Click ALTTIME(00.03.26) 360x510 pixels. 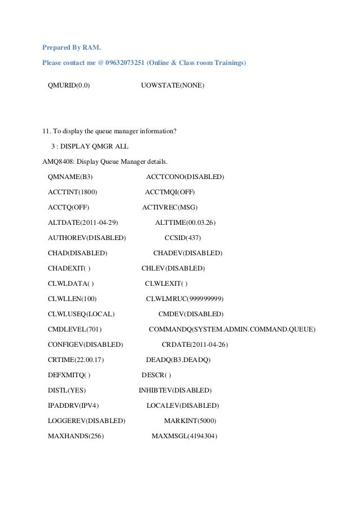(185, 223)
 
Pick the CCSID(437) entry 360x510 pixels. (183, 238)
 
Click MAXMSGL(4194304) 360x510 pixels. (185, 436)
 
